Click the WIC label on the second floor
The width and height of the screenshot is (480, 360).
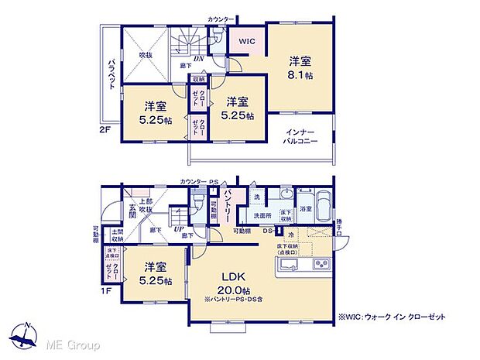pyautogui.click(x=246, y=42)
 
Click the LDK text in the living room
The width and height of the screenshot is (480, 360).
pyautogui.click(x=236, y=277)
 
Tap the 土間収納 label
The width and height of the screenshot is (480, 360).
pyautogui.click(x=116, y=235)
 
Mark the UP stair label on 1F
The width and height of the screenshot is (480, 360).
pyautogui.click(x=178, y=230)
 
